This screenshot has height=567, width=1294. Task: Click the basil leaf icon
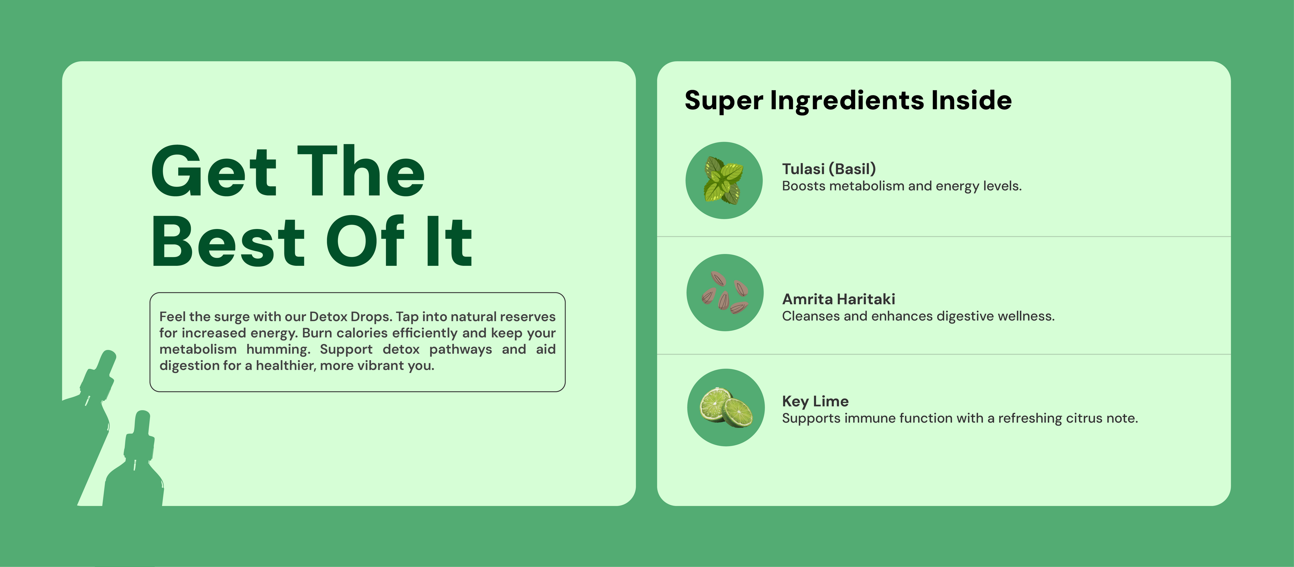(724, 180)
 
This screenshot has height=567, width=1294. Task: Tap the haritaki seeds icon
(725, 292)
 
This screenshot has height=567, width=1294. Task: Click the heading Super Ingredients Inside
(848, 101)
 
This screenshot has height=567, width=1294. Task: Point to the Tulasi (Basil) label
(829, 169)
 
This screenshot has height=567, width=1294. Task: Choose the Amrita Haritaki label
(838, 299)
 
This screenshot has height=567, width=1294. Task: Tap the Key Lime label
(815, 401)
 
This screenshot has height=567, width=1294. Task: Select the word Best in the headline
(228, 242)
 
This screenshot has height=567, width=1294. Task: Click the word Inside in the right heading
(972, 100)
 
